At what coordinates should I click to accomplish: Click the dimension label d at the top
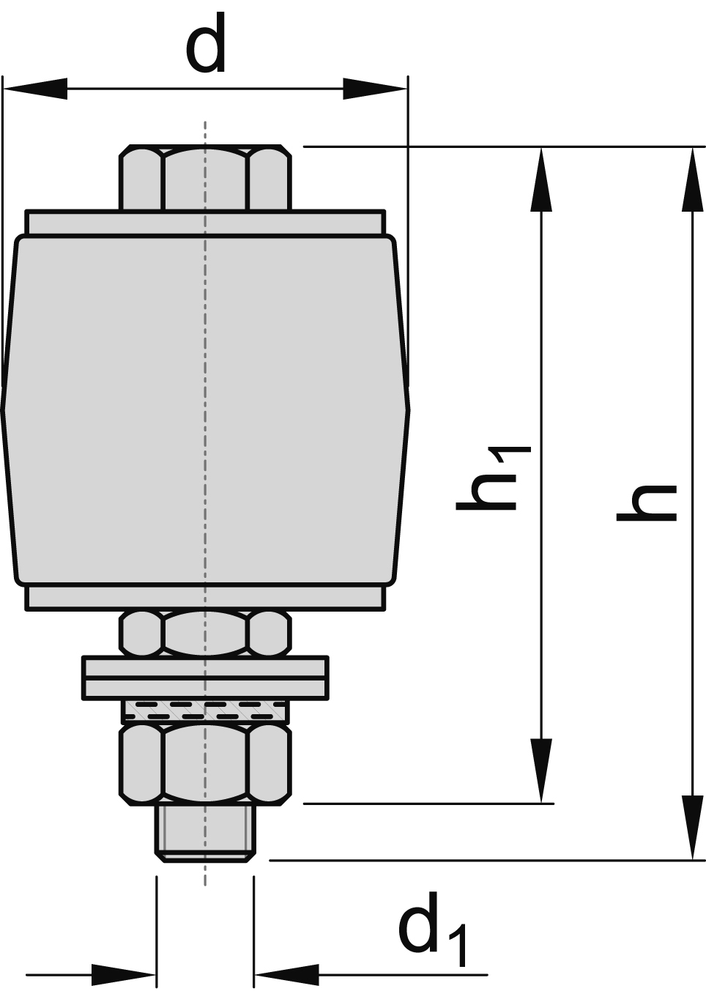click(x=206, y=42)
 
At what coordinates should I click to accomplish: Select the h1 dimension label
click(x=493, y=478)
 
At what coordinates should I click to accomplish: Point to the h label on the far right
click(x=647, y=502)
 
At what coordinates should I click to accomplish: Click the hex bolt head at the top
click(x=206, y=177)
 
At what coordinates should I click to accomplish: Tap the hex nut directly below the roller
click(x=206, y=633)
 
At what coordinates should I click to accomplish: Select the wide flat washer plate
click(x=206, y=678)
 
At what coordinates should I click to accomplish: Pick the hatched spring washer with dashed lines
click(x=206, y=711)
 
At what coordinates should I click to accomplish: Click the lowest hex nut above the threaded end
click(x=206, y=764)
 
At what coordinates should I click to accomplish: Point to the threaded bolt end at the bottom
click(x=206, y=833)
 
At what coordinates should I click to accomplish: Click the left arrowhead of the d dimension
click(x=35, y=89)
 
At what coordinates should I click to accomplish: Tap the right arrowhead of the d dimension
click(x=376, y=89)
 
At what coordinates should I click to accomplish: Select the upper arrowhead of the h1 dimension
click(x=541, y=179)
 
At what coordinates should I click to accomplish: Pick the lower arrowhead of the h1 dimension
click(x=541, y=771)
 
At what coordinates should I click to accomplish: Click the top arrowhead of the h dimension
click(x=693, y=179)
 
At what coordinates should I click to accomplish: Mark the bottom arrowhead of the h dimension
click(x=693, y=828)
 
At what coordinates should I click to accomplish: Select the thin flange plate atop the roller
click(x=206, y=223)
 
